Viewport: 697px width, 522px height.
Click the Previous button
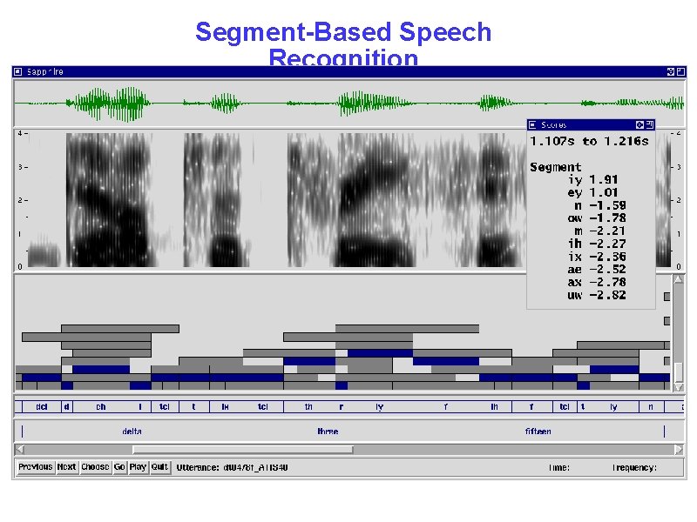pyautogui.click(x=36, y=467)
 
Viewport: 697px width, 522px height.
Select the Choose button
pyautogui.click(x=95, y=467)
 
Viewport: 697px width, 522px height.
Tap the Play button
pyautogui.click(x=138, y=467)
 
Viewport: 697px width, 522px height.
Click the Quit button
pyautogui.click(x=159, y=467)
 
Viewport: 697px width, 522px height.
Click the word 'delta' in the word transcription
pyautogui.click(x=132, y=432)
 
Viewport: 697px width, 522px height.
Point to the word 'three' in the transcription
pyautogui.click(x=328, y=432)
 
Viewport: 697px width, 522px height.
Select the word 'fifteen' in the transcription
pyautogui.click(x=538, y=432)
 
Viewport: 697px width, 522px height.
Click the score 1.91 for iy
pyautogui.click(x=603, y=180)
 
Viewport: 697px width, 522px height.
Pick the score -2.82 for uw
pyautogui.click(x=607, y=296)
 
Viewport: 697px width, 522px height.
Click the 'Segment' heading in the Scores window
pyautogui.click(x=555, y=167)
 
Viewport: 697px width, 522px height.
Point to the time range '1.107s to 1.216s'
pyautogui.click(x=589, y=141)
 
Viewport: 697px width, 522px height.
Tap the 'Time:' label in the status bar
pyautogui.click(x=558, y=468)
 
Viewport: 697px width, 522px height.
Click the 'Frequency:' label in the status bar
pyautogui.click(x=634, y=468)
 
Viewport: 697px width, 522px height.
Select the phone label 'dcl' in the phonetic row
pyautogui.click(x=41, y=406)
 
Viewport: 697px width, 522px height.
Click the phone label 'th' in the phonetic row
pyautogui.click(x=308, y=406)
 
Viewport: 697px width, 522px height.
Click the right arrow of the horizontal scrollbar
pyautogui.click(x=679, y=449)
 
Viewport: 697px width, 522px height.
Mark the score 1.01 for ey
pyautogui.click(x=603, y=192)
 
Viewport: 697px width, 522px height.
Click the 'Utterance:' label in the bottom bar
pyautogui.click(x=196, y=468)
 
